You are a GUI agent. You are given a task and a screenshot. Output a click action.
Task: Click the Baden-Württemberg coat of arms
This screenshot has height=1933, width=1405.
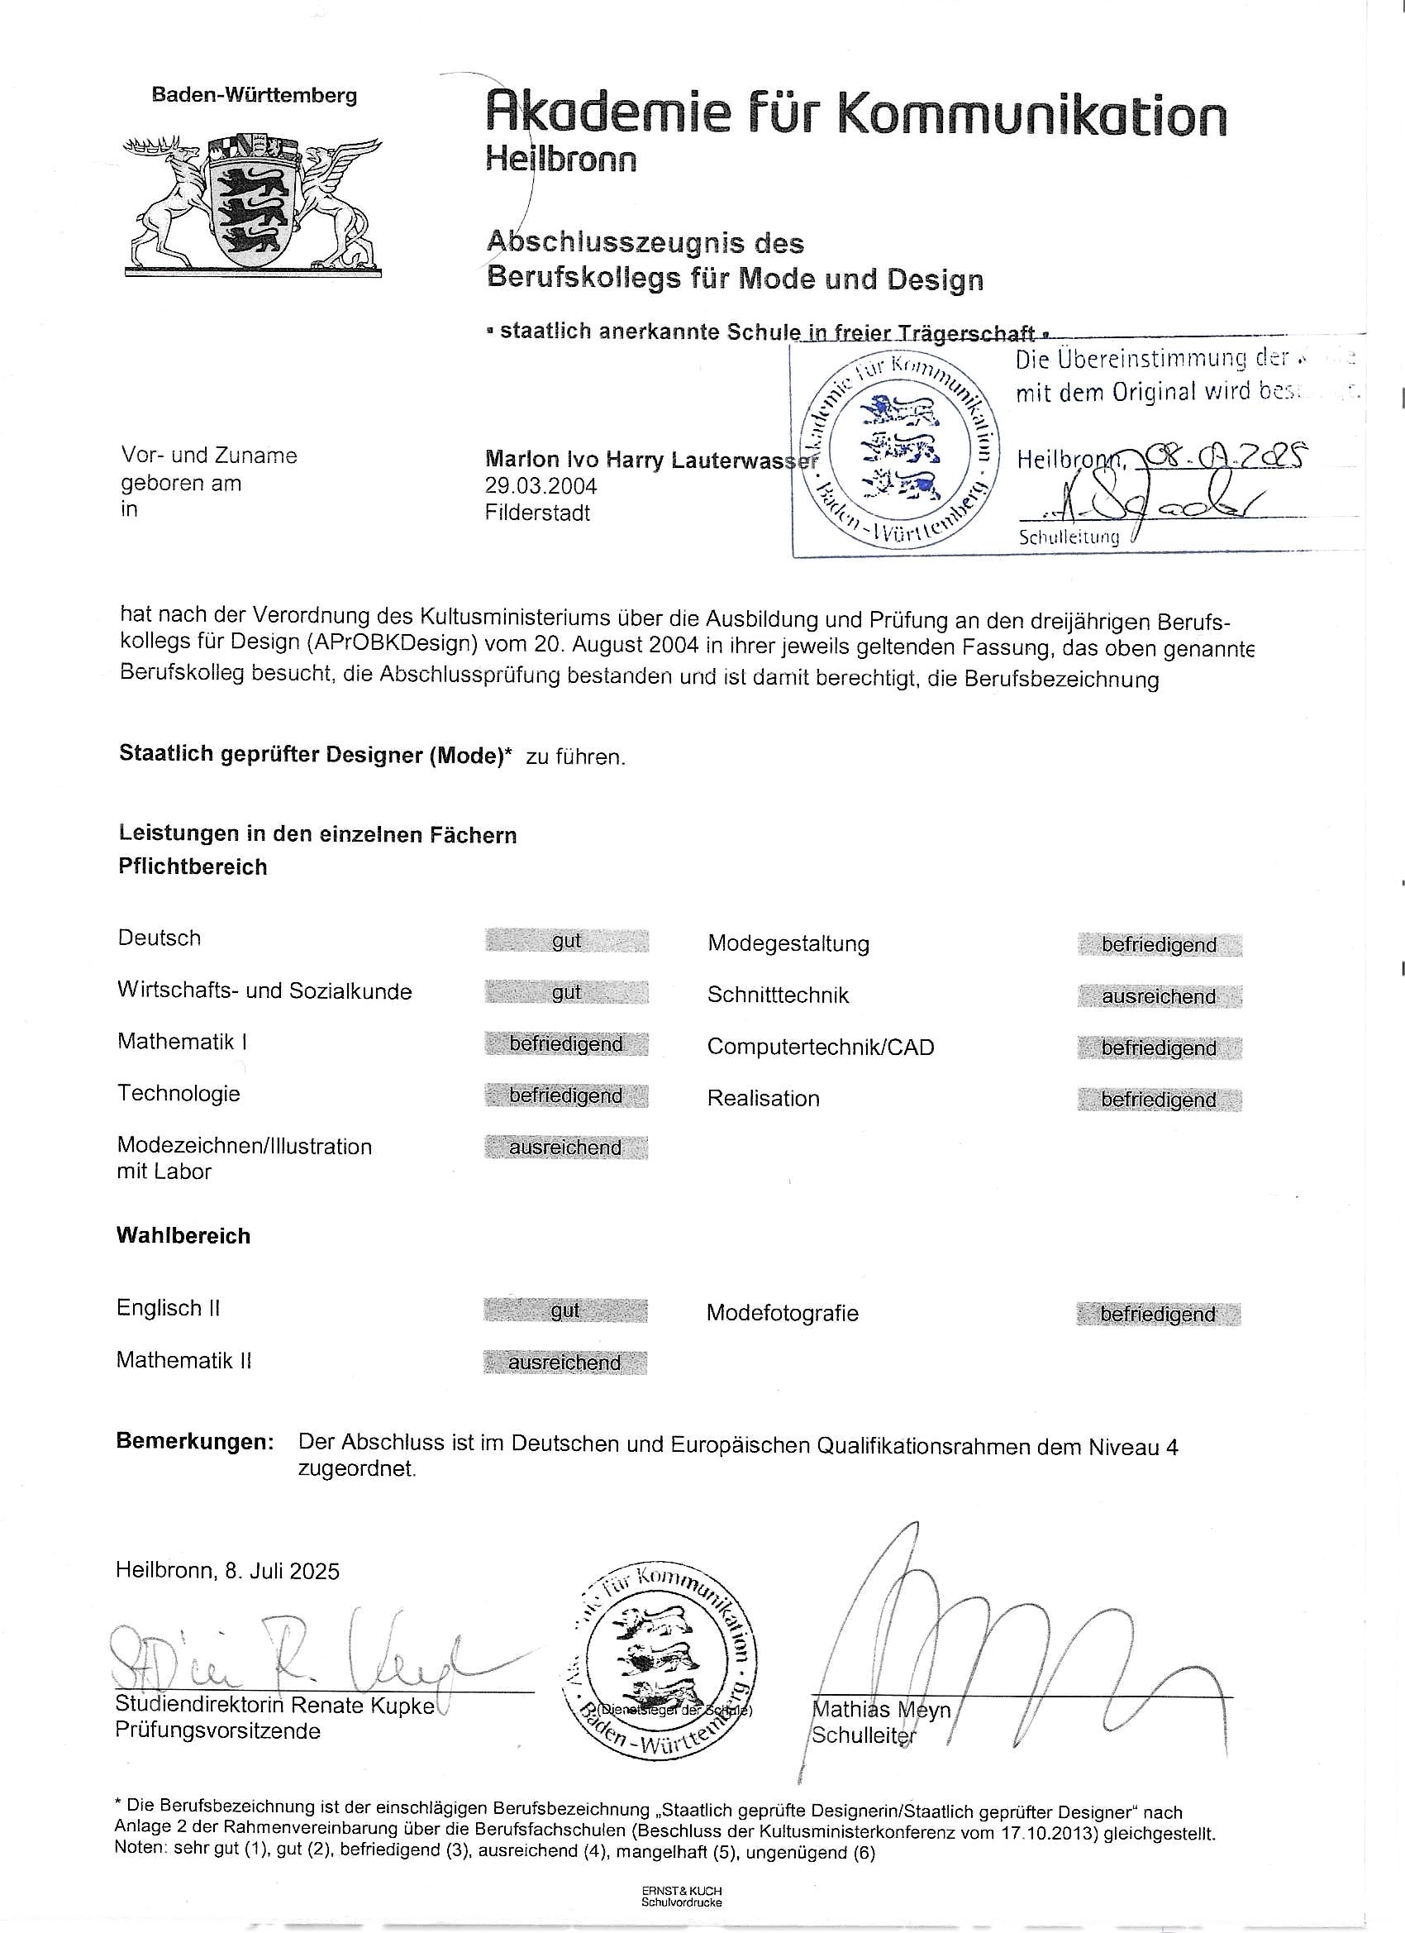(x=252, y=204)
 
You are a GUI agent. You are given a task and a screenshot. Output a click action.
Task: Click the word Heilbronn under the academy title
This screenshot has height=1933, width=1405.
(x=560, y=160)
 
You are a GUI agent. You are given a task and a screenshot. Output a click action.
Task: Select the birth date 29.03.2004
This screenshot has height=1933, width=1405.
(x=541, y=486)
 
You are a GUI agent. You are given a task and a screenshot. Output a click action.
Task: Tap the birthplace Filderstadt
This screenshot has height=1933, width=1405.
(x=538, y=513)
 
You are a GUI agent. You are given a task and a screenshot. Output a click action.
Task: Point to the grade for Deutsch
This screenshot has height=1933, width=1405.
(x=567, y=940)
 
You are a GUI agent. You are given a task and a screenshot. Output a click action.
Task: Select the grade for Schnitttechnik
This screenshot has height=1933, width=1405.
(x=1159, y=996)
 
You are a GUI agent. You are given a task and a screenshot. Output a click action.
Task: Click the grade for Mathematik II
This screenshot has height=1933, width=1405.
(x=565, y=1363)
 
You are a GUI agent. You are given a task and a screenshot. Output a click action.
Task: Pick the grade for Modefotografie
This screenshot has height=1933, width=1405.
(x=1158, y=1315)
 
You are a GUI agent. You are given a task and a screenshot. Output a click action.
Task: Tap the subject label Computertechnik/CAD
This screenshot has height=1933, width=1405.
(x=821, y=1047)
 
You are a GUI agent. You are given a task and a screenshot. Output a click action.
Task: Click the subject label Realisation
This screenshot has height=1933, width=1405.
(x=764, y=1099)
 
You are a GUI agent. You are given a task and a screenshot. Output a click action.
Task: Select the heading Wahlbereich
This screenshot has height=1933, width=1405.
(x=183, y=1236)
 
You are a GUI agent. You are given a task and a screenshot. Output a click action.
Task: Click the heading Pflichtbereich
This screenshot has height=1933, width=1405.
(x=193, y=866)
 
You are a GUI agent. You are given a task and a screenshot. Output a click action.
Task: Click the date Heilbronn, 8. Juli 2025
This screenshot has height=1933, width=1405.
(x=227, y=1571)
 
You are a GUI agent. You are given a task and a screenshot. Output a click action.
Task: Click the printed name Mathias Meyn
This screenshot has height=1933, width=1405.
(x=881, y=1709)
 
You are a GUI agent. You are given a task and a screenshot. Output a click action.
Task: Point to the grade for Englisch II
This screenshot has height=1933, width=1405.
(x=565, y=1310)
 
